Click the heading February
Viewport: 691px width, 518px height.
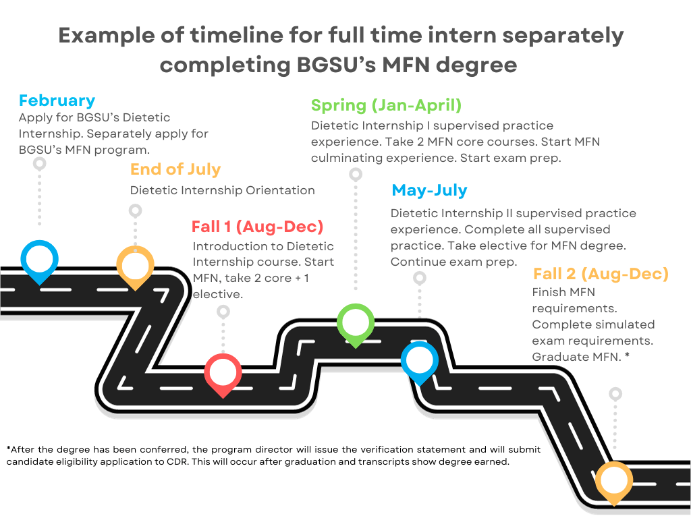tap(57, 100)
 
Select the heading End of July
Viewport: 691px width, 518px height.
tap(175, 169)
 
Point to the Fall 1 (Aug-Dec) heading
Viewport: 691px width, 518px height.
tap(257, 227)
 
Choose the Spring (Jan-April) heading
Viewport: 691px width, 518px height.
tap(386, 105)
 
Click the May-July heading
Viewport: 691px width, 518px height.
tap(429, 190)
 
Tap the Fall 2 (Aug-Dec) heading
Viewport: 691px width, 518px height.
tap(601, 274)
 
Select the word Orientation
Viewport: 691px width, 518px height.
tap(280, 190)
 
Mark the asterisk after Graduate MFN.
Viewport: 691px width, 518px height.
tap(627, 355)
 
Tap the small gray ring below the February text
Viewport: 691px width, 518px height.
tap(40, 164)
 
